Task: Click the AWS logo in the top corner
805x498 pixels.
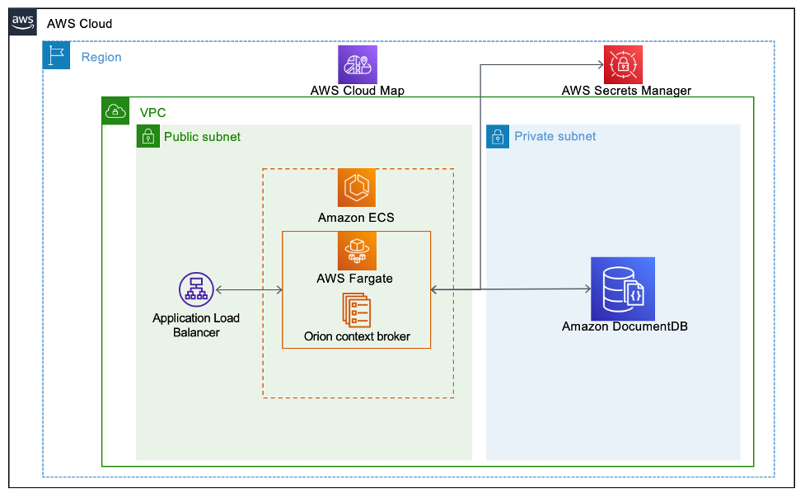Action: [23, 22]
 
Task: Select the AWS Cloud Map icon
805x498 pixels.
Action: [357, 64]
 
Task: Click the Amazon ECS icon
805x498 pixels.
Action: [357, 188]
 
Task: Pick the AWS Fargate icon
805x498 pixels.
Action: [357, 251]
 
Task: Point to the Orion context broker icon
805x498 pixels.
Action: [357, 310]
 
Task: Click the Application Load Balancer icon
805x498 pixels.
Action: [196, 290]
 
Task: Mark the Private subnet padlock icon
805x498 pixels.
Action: [498, 137]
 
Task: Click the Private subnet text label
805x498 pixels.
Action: [555, 137]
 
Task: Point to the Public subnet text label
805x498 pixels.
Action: [202, 137]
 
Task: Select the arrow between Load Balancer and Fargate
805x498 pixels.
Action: [249, 290]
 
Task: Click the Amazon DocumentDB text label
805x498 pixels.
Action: [625, 327]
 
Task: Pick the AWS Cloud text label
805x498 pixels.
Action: [79, 24]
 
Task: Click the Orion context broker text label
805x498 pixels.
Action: [357, 336]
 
